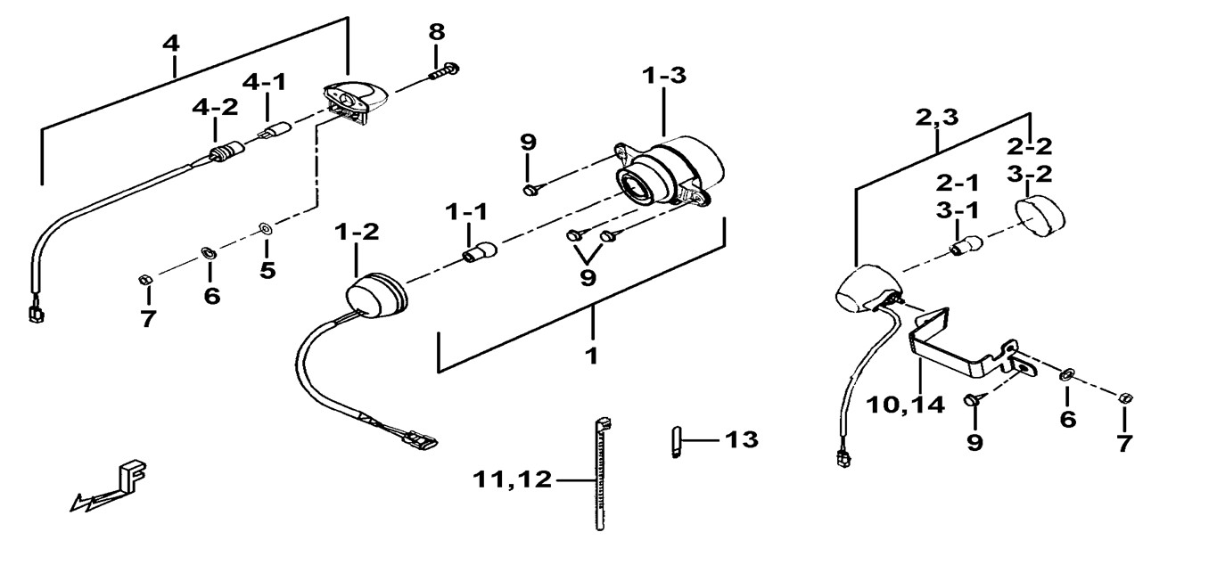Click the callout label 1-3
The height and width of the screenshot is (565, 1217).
664,77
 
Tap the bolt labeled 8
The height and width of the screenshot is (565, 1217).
443,70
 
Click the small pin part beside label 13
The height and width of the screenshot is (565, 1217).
675,442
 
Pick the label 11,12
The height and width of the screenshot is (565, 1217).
512,481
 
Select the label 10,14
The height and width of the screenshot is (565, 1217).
906,404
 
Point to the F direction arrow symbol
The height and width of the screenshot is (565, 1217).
111,486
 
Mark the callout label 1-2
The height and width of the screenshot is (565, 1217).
357,233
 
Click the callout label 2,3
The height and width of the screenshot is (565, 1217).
937,117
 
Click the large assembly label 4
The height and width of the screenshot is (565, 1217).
173,41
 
